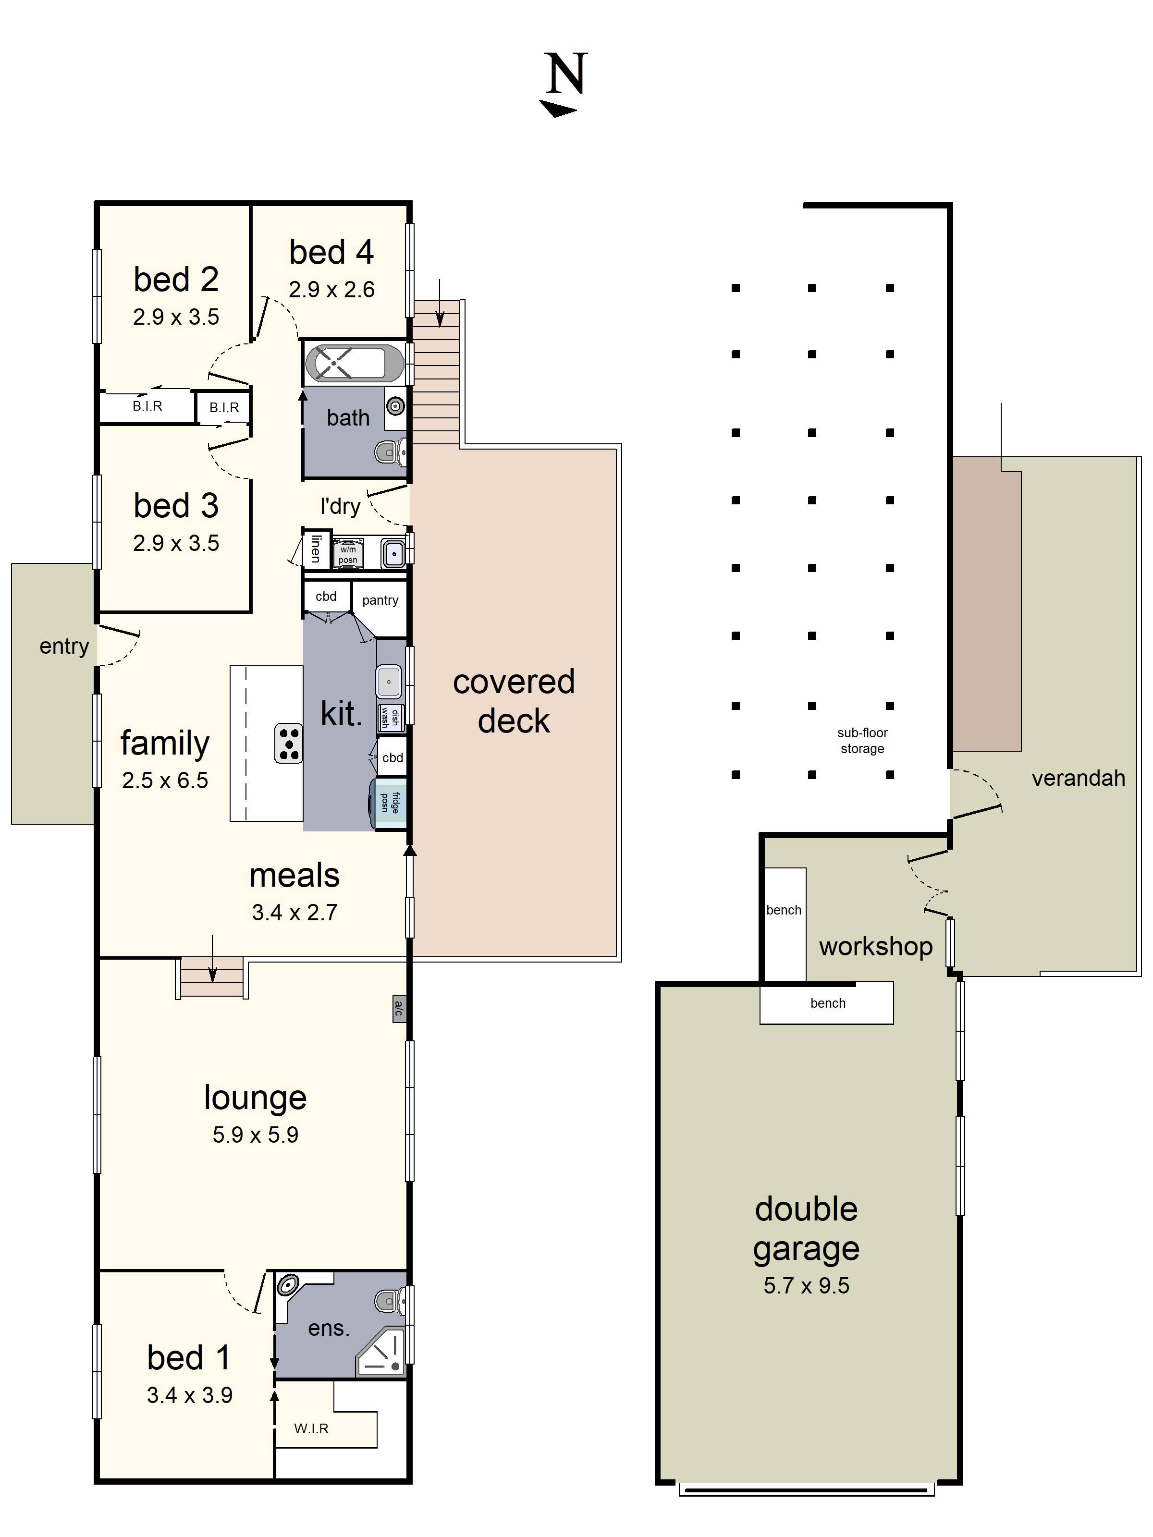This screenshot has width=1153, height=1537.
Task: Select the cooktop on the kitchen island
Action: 288,743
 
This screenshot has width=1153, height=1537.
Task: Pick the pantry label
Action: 380,600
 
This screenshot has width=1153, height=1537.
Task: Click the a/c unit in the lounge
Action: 399,1008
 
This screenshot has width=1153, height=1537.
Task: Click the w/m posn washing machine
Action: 347,554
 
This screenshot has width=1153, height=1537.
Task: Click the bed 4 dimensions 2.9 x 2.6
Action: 331,289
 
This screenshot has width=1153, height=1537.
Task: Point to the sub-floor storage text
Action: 862,741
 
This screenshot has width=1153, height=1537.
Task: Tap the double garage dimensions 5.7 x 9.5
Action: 806,1285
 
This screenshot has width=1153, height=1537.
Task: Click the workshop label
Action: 876,946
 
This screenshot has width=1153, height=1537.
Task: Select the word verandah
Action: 1078,778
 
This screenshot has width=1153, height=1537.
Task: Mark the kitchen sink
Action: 389,682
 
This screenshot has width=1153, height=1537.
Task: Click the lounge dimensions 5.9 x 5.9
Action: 255,1134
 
